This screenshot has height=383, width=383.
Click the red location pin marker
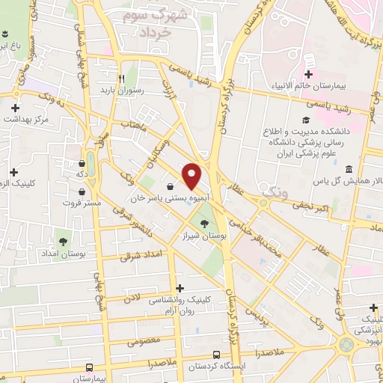(x=192, y=176)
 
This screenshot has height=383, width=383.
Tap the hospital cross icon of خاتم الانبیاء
(x=309, y=73)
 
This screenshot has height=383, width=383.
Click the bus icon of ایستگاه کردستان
(x=216, y=355)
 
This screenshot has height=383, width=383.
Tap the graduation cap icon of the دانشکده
(x=305, y=120)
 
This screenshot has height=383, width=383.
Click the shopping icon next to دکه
(x=82, y=163)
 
